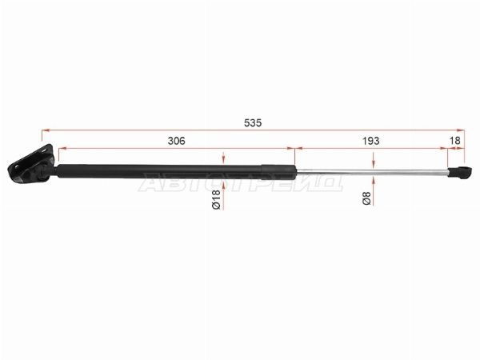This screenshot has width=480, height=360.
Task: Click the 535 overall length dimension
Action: (253, 122)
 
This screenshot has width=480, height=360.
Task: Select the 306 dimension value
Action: (177, 141)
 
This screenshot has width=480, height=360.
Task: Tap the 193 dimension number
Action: (370, 141)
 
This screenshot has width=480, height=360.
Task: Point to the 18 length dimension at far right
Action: (455, 141)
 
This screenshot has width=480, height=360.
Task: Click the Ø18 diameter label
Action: (216, 199)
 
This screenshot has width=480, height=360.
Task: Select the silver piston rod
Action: (372, 172)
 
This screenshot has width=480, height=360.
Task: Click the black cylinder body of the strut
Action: (176, 172)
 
